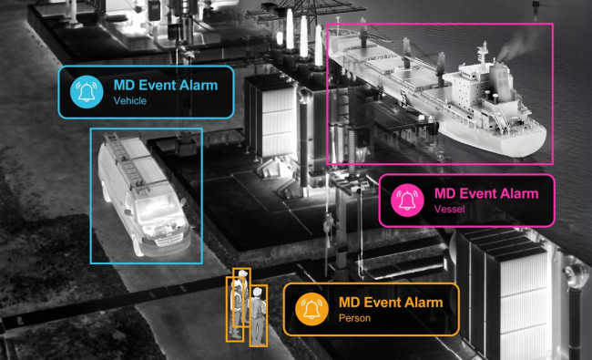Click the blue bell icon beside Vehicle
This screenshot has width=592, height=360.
point(87,92)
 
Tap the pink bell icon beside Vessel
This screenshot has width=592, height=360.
point(407,201)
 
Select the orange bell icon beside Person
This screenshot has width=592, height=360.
point(311,309)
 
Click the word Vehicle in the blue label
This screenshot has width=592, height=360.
point(130,101)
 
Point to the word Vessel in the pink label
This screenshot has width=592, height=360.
point(449,209)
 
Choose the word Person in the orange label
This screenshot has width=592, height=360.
point(354,318)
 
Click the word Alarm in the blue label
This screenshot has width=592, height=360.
point(199,86)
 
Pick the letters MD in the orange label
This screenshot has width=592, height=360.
point(349,303)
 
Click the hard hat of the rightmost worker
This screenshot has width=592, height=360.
point(257,292)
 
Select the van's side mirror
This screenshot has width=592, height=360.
point(128,212)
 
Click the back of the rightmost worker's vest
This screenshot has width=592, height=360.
point(259,309)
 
